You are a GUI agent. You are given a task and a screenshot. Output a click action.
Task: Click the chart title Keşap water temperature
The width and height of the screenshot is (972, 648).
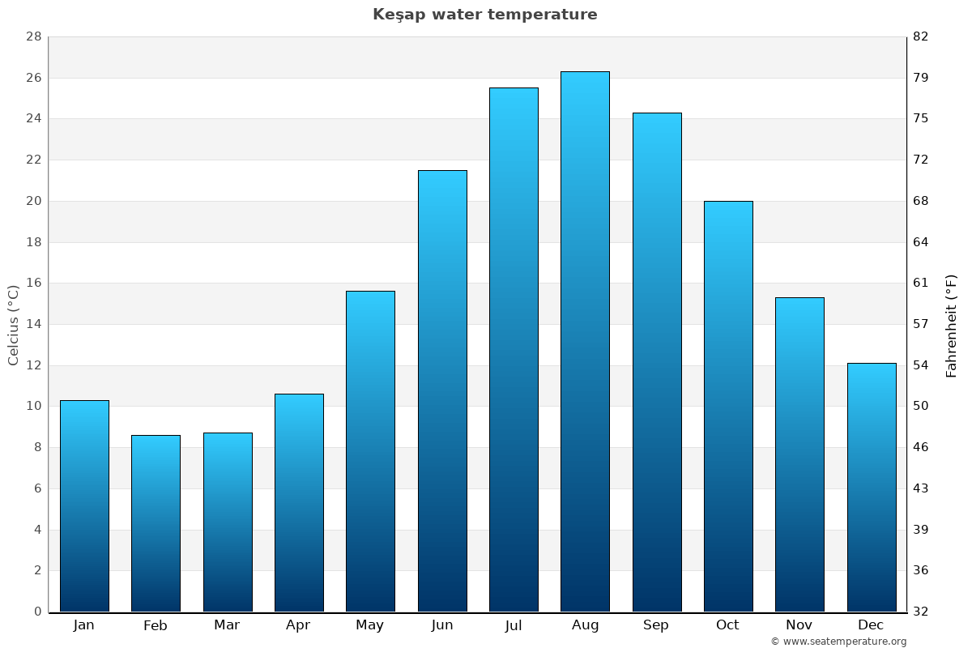point(484,15)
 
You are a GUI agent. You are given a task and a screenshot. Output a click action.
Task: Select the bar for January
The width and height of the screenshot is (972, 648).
point(84,506)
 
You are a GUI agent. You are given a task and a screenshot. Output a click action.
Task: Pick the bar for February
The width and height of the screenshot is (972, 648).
point(156,523)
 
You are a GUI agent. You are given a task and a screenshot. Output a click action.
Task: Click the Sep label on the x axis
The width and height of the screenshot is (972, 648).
point(656,625)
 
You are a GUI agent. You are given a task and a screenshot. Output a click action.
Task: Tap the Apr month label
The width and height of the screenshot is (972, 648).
point(298,625)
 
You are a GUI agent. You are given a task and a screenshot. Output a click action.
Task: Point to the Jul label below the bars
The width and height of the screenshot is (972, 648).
point(514,625)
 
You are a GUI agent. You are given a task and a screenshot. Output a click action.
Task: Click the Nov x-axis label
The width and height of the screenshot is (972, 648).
point(799,625)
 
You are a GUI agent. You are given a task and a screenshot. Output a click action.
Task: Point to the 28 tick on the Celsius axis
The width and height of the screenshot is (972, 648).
point(34,36)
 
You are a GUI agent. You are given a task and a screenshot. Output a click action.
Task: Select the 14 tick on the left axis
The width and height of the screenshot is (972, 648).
point(34,324)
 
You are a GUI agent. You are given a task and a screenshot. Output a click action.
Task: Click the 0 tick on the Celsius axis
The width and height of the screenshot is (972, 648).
point(37,612)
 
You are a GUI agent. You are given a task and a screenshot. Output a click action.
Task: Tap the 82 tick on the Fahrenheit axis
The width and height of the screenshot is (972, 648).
point(921,36)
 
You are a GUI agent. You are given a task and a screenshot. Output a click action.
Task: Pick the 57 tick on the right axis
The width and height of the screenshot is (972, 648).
point(921,324)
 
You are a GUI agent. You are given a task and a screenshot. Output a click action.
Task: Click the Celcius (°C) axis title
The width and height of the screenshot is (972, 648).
point(13,324)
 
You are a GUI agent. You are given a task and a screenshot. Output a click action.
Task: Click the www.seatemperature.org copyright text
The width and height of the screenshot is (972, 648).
point(838,642)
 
